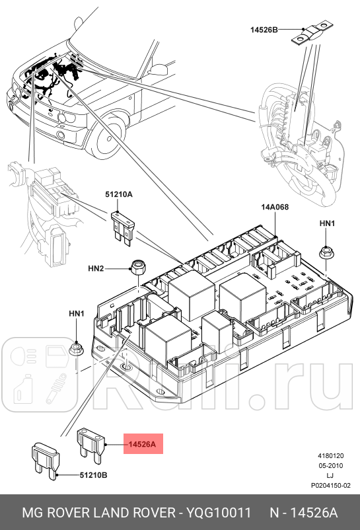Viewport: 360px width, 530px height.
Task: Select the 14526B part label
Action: click(x=264, y=30)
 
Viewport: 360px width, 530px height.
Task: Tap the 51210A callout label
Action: click(x=119, y=194)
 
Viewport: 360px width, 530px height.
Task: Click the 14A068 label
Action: click(x=275, y=207)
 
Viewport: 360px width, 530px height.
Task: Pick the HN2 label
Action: click(x=96, y=269)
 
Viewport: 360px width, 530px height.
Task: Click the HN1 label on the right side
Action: click(x=327, y=224)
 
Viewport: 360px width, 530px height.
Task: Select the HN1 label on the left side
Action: click(x=77, y=313)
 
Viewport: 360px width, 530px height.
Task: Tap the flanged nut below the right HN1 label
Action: click(x=326, y=252)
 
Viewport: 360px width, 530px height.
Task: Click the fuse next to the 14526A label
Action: click(x=91, y=443)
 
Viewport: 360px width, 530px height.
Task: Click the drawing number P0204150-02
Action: click(x=330, y=486)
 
